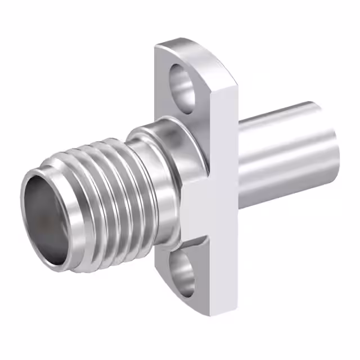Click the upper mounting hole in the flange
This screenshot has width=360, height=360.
(183, 85)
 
